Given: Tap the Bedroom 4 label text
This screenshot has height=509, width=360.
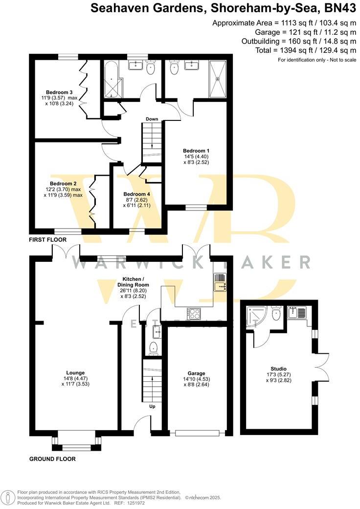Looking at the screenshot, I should tap(137, 194).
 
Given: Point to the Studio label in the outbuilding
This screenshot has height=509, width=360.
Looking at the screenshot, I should tap(278, 369).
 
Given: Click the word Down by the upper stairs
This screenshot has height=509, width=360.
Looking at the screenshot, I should tap(152, 119).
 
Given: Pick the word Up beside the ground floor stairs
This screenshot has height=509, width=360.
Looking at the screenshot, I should tap(152, 406).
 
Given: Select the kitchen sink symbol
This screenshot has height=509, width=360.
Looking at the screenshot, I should tap(219, 282).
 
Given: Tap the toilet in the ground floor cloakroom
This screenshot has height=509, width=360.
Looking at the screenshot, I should tap(153, 348).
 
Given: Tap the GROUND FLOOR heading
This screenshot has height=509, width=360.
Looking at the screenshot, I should tap(52, 459).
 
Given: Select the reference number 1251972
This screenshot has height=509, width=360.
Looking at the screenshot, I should tap(126, 503).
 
